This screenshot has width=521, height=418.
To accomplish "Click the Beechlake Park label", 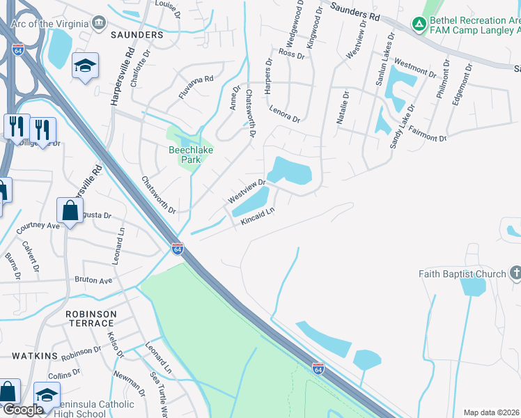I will click(x=185, y=154).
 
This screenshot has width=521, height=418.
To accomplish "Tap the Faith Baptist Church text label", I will click(x=462, y=274).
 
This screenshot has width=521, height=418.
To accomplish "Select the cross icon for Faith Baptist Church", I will click(x=515, y=273).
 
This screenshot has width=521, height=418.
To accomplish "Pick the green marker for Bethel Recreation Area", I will click(x=419, y=25).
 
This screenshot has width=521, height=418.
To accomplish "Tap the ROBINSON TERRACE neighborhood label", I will click(x=90, y=318).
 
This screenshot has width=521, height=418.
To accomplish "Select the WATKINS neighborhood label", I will click(x=34, y=356).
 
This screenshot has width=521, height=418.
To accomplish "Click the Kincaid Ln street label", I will click(x=258, y=215).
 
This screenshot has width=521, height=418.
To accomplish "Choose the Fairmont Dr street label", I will click(x=427, y=134).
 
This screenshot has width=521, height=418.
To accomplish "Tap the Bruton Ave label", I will click(x=94, y=281).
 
